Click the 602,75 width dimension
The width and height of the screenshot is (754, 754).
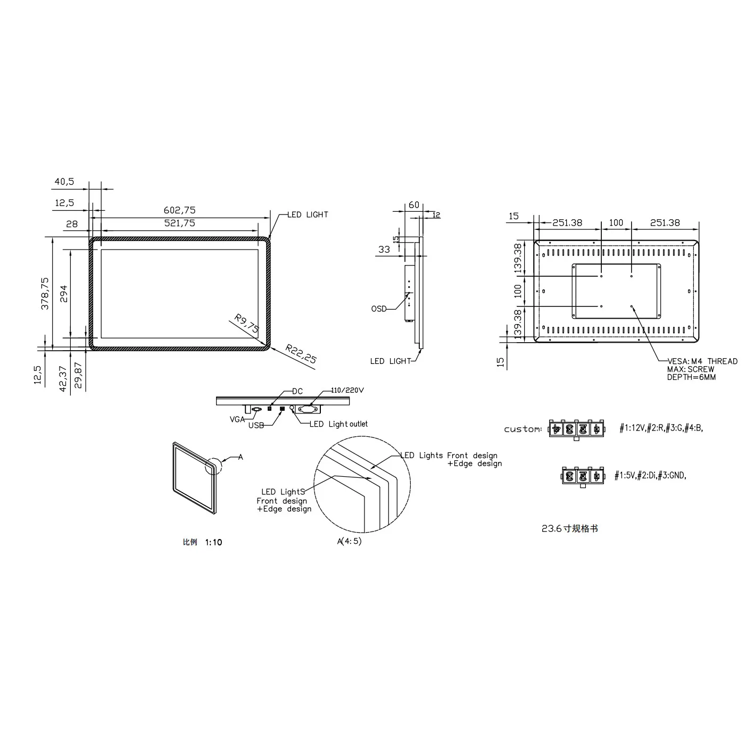[x=180, y=211]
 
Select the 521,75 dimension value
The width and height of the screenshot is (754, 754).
[x=180, y=223]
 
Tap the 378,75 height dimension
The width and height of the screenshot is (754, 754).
[x=45, y=293]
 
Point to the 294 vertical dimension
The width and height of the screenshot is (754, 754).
[x=64, y=294]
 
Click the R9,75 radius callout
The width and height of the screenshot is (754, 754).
[x=246, y=325]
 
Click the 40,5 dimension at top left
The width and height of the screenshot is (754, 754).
[x=64, y=182]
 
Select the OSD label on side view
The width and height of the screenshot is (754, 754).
[x=379, y=309]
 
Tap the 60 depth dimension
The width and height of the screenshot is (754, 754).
[x=414, y=205]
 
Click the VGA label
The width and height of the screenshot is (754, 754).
[x=237, y=419]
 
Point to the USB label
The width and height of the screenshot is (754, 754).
[x=256, y=425]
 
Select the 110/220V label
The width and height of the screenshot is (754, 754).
[x=347, y=390]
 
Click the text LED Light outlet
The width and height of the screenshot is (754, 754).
[x=338, y=424]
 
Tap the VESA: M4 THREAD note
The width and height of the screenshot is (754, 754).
[x=702, y=361]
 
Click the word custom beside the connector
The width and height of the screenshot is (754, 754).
[x=523, y=429]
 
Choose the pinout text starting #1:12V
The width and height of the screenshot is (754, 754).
[x=661, y=428]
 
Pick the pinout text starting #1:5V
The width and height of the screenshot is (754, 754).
[x=650, y=476]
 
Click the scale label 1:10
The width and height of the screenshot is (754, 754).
[x=213, y=542]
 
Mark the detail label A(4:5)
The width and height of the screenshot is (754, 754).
[x=349, y=541]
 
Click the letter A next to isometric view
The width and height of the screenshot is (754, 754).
[x=241, y=457]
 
